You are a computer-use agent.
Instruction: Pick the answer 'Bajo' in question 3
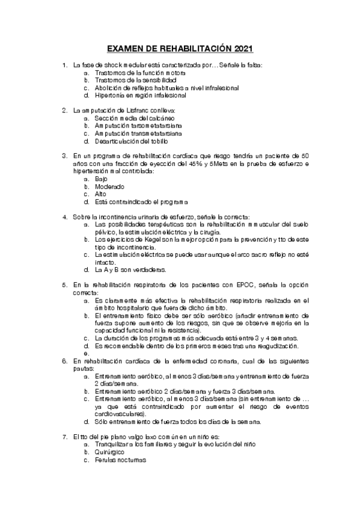101,179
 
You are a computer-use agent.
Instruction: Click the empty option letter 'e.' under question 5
87,353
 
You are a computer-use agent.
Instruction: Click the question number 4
65,217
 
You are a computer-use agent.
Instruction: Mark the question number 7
65,435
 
